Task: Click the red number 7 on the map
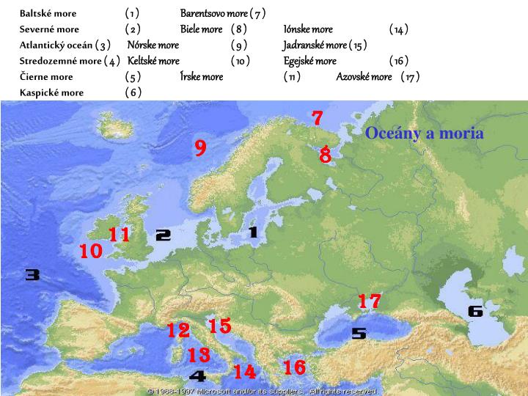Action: pos(318,117)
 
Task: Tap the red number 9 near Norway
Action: pos(200,148)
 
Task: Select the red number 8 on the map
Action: pos(326,155)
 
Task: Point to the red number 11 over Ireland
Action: pos(120,235)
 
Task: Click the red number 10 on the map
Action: pos(91,252)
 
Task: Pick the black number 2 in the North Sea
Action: pos(164,235)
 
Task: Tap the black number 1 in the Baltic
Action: pos(253,232)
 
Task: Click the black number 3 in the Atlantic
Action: pos(32,275)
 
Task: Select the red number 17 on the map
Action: pos(370,301)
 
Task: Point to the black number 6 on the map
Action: pos(475,311)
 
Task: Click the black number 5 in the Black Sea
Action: pos(359,334)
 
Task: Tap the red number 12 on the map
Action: pos(178,331)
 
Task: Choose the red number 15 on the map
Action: pos(219,326)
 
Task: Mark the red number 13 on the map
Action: pos(199,356)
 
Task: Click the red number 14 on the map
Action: pos(244,373)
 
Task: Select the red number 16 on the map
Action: pos(294,367)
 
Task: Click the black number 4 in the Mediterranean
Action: pos(197,376)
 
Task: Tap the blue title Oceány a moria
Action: pos(425,133)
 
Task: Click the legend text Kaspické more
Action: pos(51,92)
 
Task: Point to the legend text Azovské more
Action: pos(364,76)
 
